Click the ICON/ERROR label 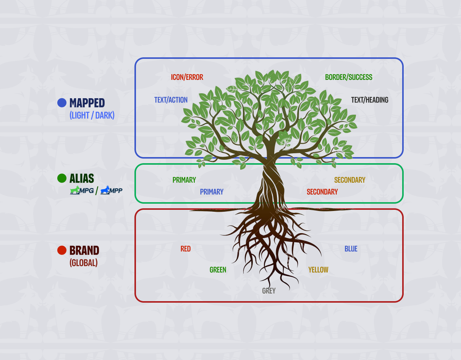coord(187,77)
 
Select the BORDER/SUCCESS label coord(348,77)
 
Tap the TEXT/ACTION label coord(171,100)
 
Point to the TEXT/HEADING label coord(369,100)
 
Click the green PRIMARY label coord(184,180)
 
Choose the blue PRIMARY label coord(212,192)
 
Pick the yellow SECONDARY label coord(349,180)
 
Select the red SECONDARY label coord(322,192)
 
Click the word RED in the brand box coord(185,249)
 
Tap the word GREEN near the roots coord(218,270)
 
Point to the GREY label coord(269,291)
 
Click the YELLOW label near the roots coord(318,270)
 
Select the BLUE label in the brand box coord(351,249)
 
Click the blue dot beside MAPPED coord(62,103)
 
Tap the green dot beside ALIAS coord(62,178)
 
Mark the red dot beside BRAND coord(62,250)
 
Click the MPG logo coord(82,190)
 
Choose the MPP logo coord(111,190)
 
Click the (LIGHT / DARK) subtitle coord(92,115)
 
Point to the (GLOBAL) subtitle coord(83,263)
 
